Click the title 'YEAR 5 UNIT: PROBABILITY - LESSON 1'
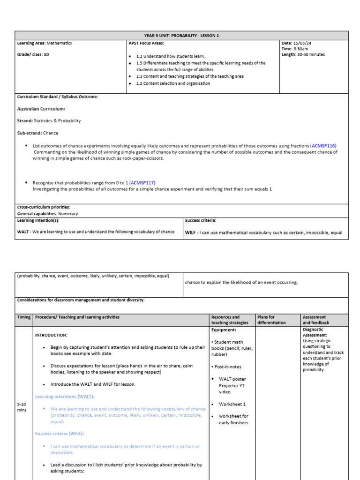tap(181, 36)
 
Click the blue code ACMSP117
tap(143, 182)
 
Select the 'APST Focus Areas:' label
tap(146, 43)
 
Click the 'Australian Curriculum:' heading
tap(41, 109)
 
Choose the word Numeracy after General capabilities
tap(69, 214)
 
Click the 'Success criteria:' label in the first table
tap(201, 220)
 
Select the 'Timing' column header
tap(23, 317)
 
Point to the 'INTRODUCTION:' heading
tap(51, 335)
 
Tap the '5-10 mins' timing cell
tap(22, 407)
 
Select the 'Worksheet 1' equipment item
tap(232, 404)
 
